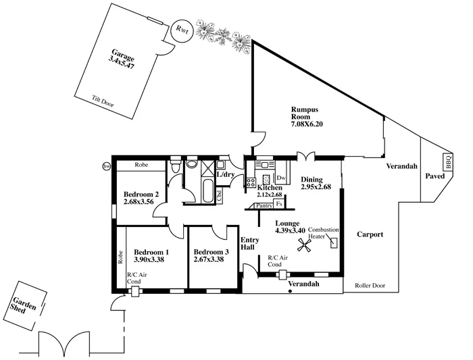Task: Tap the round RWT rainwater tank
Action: point(181,29)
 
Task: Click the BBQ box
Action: point(447,162)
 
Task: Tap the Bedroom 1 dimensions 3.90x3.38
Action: point(151,259)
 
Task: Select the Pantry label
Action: point(264,205)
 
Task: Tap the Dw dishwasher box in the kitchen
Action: point(282,178)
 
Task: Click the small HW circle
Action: point(105,166)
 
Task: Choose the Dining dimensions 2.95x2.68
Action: point(316,187)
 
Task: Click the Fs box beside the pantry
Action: point(280,203)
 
